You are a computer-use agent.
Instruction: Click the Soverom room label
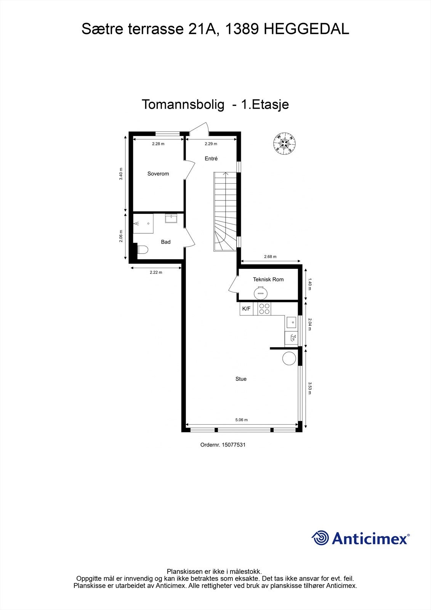[x=158, y=174]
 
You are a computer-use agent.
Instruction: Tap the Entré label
[x=211, y=159]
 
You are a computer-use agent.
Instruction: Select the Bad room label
[x=165, y=242]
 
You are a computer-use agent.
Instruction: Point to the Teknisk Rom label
[x=268, y=279]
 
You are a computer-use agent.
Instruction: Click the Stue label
[x=241, y=379]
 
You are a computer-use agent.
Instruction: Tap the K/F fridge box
[x=247, y=309]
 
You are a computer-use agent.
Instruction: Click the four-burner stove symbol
[x=264, y=309]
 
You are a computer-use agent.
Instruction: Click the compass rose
[x=285, y=144]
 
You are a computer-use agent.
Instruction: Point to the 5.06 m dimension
[x=241, y=420]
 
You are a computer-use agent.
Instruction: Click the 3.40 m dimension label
[x=121, y=174]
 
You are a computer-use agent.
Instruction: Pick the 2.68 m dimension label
[x=270, y=257]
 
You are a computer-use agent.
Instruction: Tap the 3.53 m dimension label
[x=310, y=388]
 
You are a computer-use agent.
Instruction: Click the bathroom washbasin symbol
[x=171, y=218]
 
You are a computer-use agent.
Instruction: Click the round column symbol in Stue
[x=289, y=358]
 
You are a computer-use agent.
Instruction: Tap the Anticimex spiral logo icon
[x=320, y=538]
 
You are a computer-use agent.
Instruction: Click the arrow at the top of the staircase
[x=226, y=174]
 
